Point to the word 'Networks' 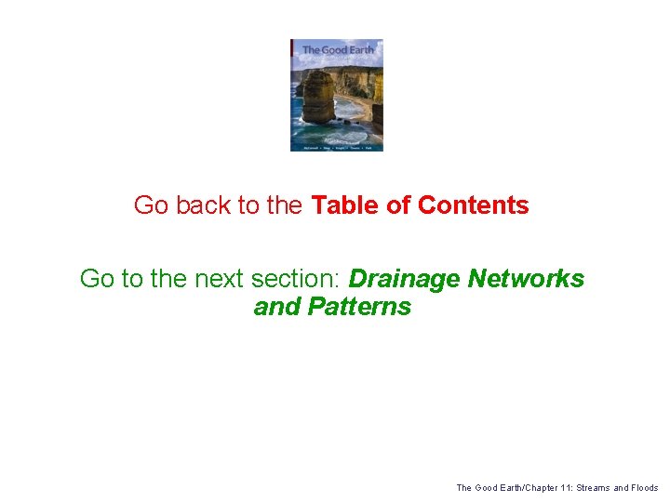[527, 278]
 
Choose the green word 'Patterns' [359, 307]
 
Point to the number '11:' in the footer [562, 487]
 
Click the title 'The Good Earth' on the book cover [338, 50]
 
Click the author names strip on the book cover [337, 147]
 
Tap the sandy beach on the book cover [357, 102]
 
